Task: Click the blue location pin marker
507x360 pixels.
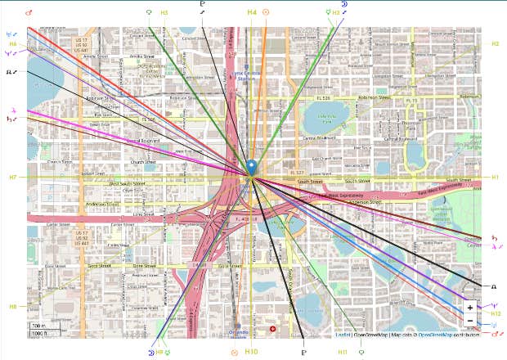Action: [x=252, y=167]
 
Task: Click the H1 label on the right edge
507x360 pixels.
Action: [x=496, y=178]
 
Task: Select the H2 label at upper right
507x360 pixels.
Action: [x=496, y=43]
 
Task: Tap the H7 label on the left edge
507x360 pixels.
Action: [x=13, y=178]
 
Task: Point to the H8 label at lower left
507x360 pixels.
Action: [x=13, y=307]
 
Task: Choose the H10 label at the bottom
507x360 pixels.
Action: [x=252, y=352]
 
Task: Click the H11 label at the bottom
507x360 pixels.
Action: [x=343, y=352]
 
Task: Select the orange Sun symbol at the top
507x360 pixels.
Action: [x=266, y=13]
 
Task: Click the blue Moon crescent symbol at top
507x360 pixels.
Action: [x=344, y=4]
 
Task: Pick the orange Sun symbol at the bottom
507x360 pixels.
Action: [x=235, y=352]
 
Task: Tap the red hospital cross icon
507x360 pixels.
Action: [x=273, y=329]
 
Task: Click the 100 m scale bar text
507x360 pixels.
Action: [x=39, y=326]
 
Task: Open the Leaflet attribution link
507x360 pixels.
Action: [x=343, y=335]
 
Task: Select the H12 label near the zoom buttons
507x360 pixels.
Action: [x=496, y=313]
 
